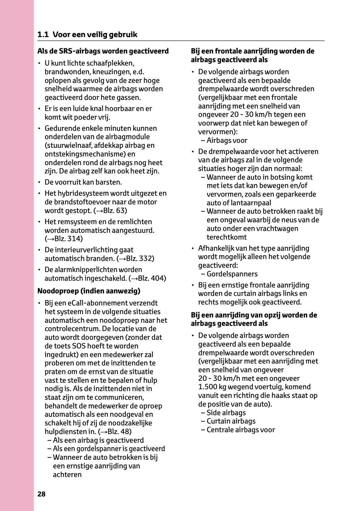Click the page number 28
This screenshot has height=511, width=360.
tap(41, 494)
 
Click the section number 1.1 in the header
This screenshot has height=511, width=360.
tap(43, 35)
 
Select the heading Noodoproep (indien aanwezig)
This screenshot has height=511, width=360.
tap(89, 291)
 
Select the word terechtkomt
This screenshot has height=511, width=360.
tap(227, 237)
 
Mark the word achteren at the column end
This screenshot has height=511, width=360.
tap(67, 475)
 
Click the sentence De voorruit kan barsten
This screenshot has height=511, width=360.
tap(83, 182)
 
